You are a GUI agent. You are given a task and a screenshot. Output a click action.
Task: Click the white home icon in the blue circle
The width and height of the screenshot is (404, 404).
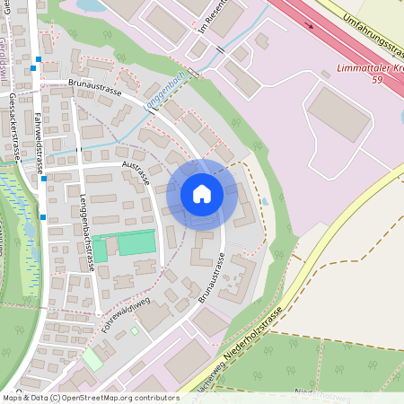pos(201,194)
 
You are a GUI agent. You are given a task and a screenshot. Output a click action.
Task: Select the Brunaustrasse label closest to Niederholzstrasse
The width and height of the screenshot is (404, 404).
pos(210,268)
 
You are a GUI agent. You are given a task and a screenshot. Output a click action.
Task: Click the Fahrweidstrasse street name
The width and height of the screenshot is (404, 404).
pos(40,140)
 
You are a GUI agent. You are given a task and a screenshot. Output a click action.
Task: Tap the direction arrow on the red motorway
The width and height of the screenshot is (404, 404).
pos(311,25)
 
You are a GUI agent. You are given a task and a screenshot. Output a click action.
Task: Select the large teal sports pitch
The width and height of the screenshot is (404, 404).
pos(136,242)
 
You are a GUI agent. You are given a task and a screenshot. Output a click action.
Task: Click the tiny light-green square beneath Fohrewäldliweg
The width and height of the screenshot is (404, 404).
pos(135,330)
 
